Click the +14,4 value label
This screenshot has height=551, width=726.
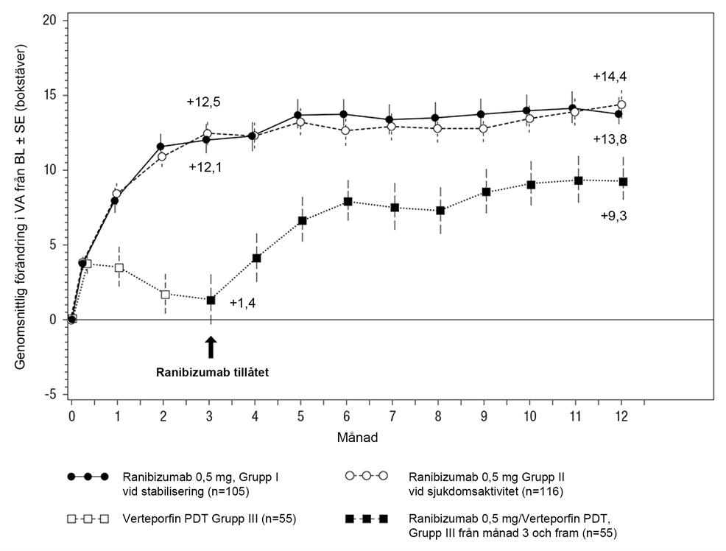tap(610, 77)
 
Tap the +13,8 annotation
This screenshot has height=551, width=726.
tap(610, 139)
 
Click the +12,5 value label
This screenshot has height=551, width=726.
tap(203, 101)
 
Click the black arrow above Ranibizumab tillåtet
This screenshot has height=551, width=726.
tap(211, 347)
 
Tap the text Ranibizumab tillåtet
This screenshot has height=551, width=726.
tap(212, 373)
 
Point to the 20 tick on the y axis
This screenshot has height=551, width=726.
tap(49, 20)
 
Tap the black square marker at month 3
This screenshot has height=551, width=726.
tap(211, 300)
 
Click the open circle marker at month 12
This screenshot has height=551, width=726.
tap(622, 105)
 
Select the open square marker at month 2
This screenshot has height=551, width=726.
tap(164, 294)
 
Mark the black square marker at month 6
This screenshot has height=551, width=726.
tap(348, 201)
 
